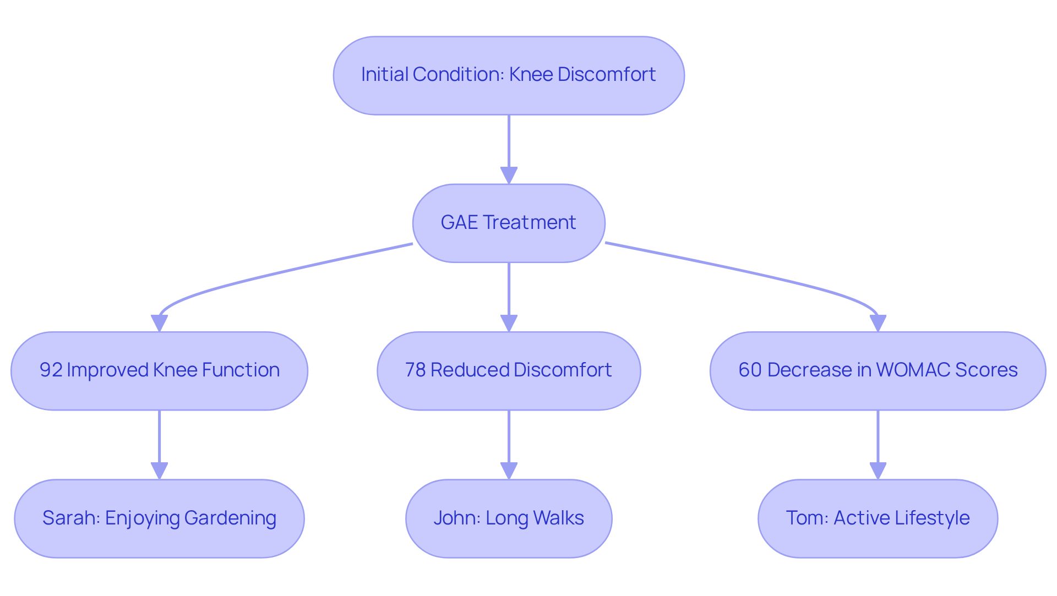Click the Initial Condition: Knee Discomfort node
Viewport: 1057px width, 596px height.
coord(509,75)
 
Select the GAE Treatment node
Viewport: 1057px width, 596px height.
coord(509,223)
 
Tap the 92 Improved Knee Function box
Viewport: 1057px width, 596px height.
coord(159,370)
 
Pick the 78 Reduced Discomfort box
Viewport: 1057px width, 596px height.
coord(509,370)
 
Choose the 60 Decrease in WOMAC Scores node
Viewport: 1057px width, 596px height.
coord(878,370)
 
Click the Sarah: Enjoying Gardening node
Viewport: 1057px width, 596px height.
coord(159,518)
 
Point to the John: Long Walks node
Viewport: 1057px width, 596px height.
coord(509,518)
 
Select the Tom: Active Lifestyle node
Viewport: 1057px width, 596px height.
coord(878,518)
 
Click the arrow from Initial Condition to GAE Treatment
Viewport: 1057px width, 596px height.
coord(509,146)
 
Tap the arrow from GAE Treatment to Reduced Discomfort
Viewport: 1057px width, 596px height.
coord(509,294)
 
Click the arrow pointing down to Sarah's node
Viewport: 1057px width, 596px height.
coord(159,443)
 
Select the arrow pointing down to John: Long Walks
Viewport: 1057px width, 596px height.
coord(509,443)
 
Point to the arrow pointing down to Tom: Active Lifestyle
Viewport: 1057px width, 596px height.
coord(878,443)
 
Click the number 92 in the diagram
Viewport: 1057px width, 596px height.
coord(51,370)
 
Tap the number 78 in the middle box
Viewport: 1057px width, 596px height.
coord(416,370)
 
